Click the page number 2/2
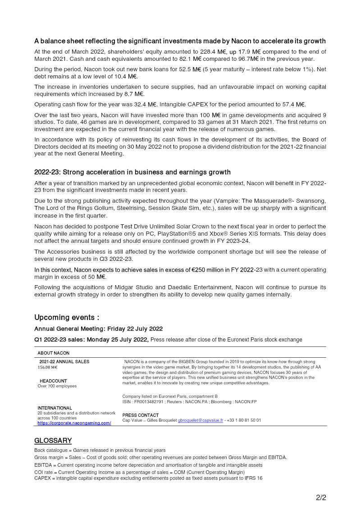[x=321, y=498]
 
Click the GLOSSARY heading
[x=53, y=441]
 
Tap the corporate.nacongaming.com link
[x=74, y=423]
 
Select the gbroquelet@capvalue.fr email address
[x=200, y=420]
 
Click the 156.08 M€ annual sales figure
[x=47, y=367]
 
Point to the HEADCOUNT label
[x=53, y=381]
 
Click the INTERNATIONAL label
[x=55, y=408]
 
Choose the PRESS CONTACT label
[x=141, y=415]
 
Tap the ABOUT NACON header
[x=53, y=353]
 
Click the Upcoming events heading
[x=67, y=318]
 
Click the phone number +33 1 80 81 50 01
[x=245, y=420]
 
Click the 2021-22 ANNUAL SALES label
[x=64, y=362]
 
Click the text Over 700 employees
[x=57, y=386]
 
